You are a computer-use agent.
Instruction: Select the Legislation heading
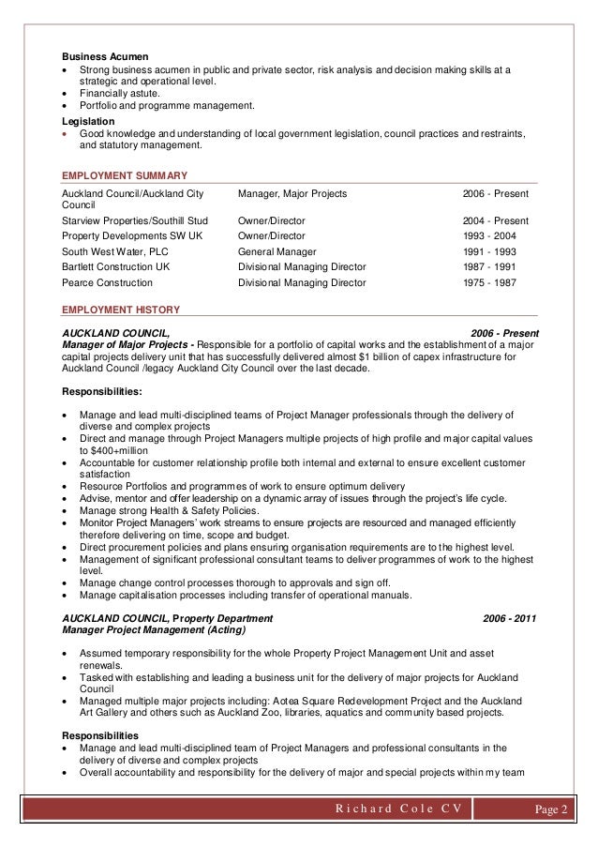[x=88, y=121]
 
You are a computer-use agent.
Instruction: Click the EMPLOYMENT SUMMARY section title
[x=124, y=175]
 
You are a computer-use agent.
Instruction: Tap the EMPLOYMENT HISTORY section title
[x=120, y=309]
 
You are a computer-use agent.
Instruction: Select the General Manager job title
[x=277, y=251]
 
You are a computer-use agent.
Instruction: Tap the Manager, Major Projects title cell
[x=292, y=193]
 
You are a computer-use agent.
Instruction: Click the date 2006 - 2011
[x=510, y=618]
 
